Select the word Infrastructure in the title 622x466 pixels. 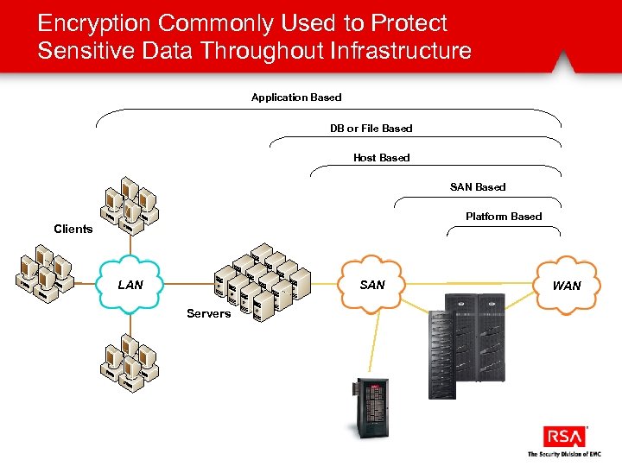point(401,51)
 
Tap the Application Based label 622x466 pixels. point(296,98)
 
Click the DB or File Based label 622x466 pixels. point(371,129)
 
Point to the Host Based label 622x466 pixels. point(381,158)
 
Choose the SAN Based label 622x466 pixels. point(478,187)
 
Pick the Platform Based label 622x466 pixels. point(503,217)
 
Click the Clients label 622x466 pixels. point(73,229)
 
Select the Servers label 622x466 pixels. point(208,313)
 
